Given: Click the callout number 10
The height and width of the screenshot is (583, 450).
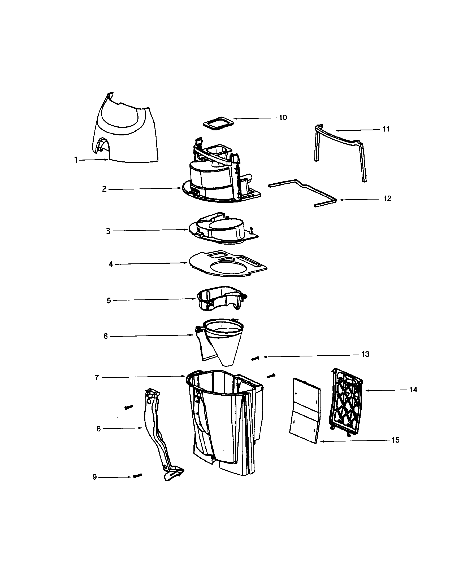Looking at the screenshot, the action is pyautogui.click(x=283, y=118).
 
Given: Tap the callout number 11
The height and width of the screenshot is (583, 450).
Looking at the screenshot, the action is pyautogui.click(x=386, y=129).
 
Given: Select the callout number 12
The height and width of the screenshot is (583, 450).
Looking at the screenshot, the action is pyautogui.click(x=387, y=198).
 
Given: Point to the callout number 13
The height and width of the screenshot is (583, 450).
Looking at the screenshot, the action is pyautogui.click(x=365, y=354).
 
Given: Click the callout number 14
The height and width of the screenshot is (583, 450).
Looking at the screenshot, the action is pyautogui.click(x=413, y=390).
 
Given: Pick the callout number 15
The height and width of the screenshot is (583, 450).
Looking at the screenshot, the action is pyautogui.click(x=396, y=440).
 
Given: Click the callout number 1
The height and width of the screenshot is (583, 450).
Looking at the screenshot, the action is pyautogui.click(x=76, y=160).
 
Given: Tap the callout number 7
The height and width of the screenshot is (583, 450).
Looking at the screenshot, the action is pyautogui.click(x=97, y=378).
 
